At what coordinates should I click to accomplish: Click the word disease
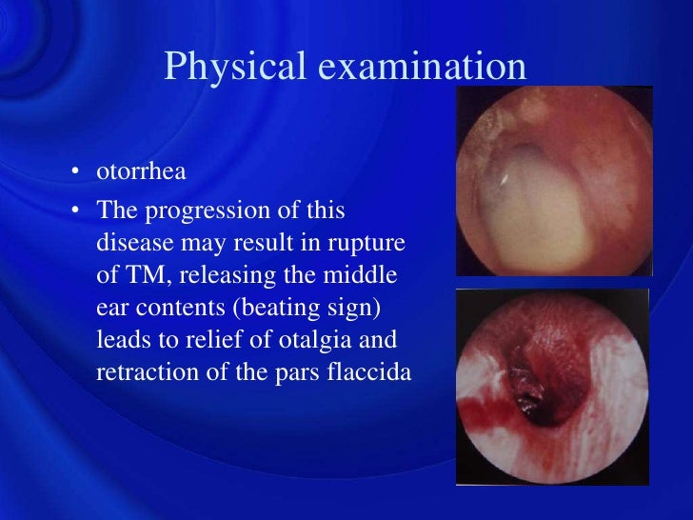click(x=130, y=242)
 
